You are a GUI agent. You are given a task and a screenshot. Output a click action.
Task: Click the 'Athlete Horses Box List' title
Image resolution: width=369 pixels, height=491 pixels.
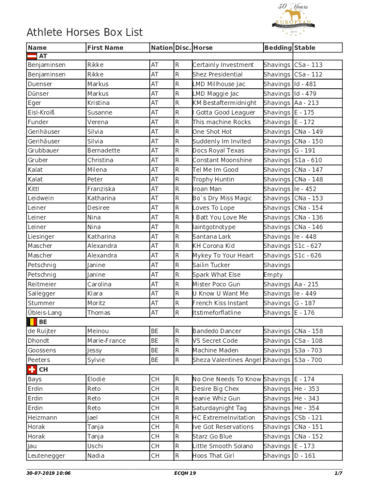(85, 33)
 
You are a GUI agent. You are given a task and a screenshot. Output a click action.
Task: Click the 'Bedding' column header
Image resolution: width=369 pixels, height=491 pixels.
(277, 47)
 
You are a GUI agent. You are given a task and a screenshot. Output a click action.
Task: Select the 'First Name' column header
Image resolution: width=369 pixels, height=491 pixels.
(105, 47)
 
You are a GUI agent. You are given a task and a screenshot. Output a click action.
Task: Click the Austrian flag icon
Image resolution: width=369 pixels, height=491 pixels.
(32, 56)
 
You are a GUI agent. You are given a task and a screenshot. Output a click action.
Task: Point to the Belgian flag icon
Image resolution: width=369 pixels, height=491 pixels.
(32, 322)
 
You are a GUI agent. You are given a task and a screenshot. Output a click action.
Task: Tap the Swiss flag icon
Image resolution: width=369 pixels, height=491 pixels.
(32, 370)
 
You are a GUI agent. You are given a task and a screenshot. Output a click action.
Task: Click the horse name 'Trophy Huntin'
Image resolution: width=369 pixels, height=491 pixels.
(213, 179)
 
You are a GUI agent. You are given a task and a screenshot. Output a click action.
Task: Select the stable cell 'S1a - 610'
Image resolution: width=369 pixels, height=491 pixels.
(308, 160)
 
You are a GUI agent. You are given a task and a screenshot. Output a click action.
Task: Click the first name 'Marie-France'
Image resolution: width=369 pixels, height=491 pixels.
(106, 341)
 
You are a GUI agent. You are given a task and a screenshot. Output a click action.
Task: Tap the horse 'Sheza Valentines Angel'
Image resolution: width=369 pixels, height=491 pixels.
(227, 360)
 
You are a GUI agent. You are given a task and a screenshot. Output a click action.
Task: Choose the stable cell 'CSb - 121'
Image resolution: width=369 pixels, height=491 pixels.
(308, 418)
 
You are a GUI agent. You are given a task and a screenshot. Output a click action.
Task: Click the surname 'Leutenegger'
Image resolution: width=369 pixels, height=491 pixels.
(46, 456)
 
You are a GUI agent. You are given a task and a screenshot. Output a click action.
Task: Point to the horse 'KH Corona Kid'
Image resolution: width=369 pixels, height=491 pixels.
(213, 246)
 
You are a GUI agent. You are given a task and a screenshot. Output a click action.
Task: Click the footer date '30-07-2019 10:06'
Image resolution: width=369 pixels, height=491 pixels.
(48, 473)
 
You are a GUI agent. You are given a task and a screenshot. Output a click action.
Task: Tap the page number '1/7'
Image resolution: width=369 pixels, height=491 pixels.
(338, 473)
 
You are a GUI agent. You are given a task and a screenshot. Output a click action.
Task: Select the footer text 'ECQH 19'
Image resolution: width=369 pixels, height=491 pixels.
(185, 473)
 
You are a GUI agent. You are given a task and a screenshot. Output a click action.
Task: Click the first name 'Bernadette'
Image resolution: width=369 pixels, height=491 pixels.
(104, 151)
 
